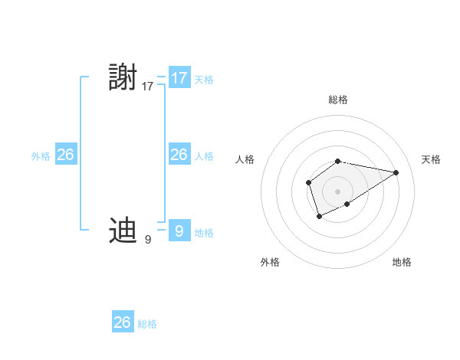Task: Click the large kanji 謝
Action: coord(123,78)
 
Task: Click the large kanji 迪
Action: coord(123,230)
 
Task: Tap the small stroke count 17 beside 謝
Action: coord(148,87)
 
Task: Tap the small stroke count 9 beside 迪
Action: coord(148,240)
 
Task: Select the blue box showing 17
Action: coord(179,78)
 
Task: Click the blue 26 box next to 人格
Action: coord(179,155)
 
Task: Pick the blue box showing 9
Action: coord(179,230)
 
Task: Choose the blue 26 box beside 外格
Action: coord(65,155)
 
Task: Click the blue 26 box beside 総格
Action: coord(123,322)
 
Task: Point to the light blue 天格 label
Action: coord(204,79)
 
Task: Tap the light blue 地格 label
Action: coord(204,233)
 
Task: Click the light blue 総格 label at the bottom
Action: coord(147,324)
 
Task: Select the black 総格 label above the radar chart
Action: coord(338,100)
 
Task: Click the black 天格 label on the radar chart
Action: coord(431,159)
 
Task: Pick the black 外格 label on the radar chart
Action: coord(270,262)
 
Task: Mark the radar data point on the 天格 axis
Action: coord(396,172)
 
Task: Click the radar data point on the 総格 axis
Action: coord(338,162)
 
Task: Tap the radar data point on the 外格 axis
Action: coord(320,218)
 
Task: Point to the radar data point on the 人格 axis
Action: coord(308,182)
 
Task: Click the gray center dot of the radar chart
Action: coord(338,191)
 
